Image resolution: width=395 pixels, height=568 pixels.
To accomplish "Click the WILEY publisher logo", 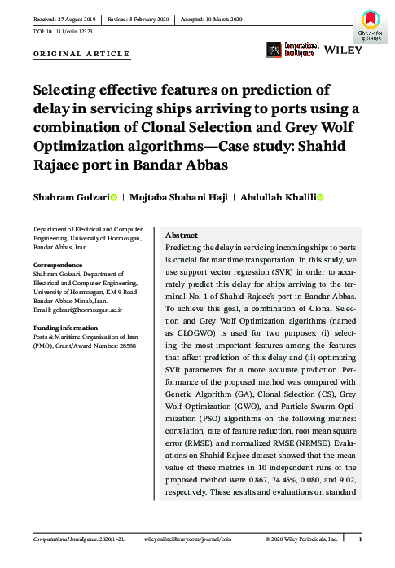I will click(343, 50).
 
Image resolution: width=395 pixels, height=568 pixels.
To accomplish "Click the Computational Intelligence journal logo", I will click(290, 50).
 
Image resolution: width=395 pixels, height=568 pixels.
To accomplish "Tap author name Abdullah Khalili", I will click(277, 197).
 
